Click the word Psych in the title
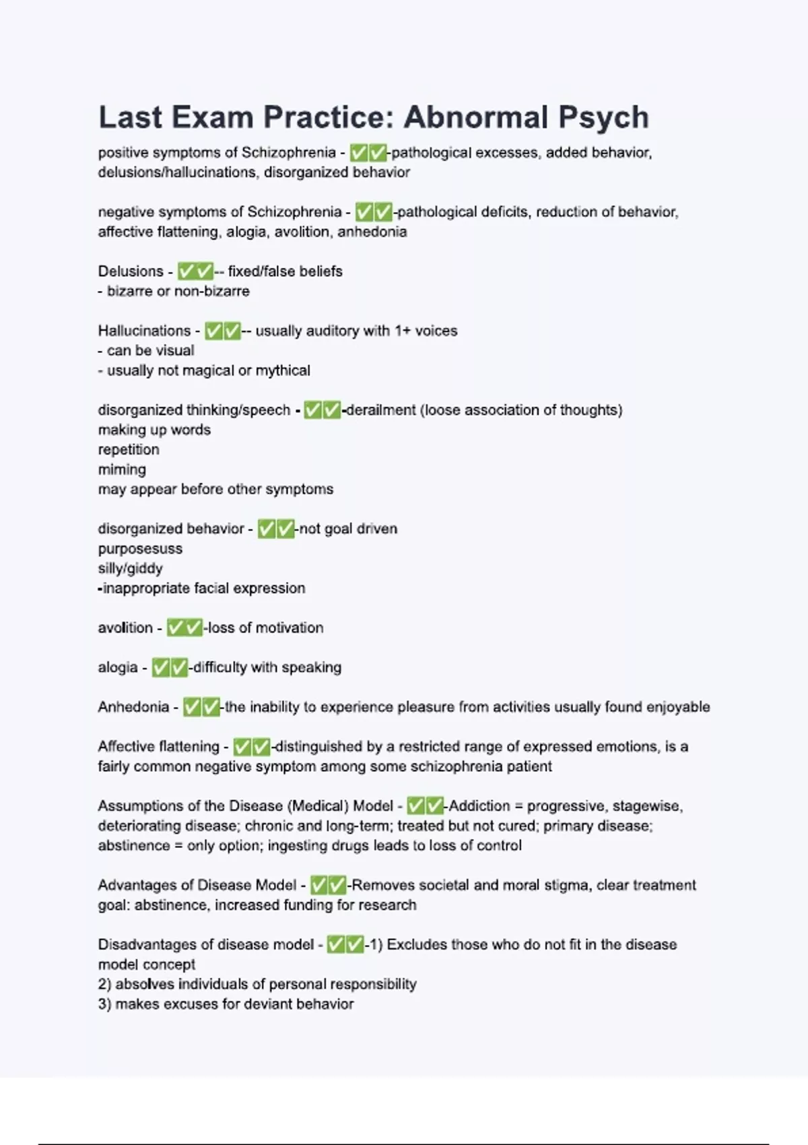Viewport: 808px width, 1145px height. (x=594, y=117)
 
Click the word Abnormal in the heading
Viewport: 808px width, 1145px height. (x=465, y=117)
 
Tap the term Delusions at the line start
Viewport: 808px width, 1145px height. (x=131, y=271)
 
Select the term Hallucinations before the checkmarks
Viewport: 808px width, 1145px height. (x=144, y=331)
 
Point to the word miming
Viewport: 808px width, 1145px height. (x=122, y=469)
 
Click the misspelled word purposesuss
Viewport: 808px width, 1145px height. (x=140, y=549)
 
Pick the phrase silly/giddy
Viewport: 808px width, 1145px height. (x=131, y=568)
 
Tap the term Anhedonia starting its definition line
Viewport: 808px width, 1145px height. (x=133, y=707)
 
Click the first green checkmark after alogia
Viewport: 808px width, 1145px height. (x=161, y=667)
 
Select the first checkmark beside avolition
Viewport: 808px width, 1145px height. (x=176, y=628)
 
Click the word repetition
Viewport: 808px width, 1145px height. (x=129, y=450)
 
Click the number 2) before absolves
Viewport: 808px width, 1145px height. (x=104, y=984)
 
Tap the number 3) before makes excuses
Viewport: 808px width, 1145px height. (x=104, y=1004)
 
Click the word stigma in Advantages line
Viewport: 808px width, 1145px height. (x=570, y=885)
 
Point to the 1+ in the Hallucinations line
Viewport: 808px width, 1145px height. (x=402, y=331)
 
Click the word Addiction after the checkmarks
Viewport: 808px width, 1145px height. (x=479, y=806)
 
